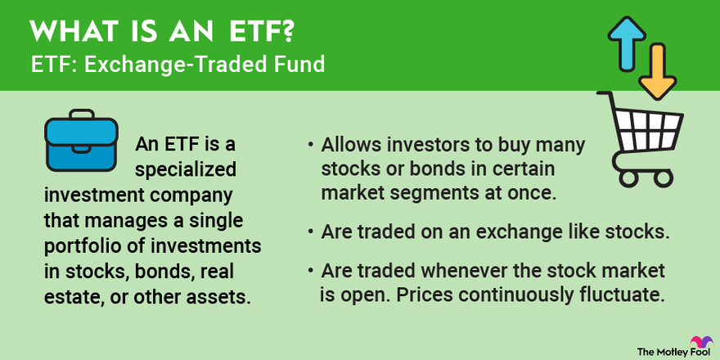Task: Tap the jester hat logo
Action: click(699, 343)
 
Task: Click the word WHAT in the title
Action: click(67, 33)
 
